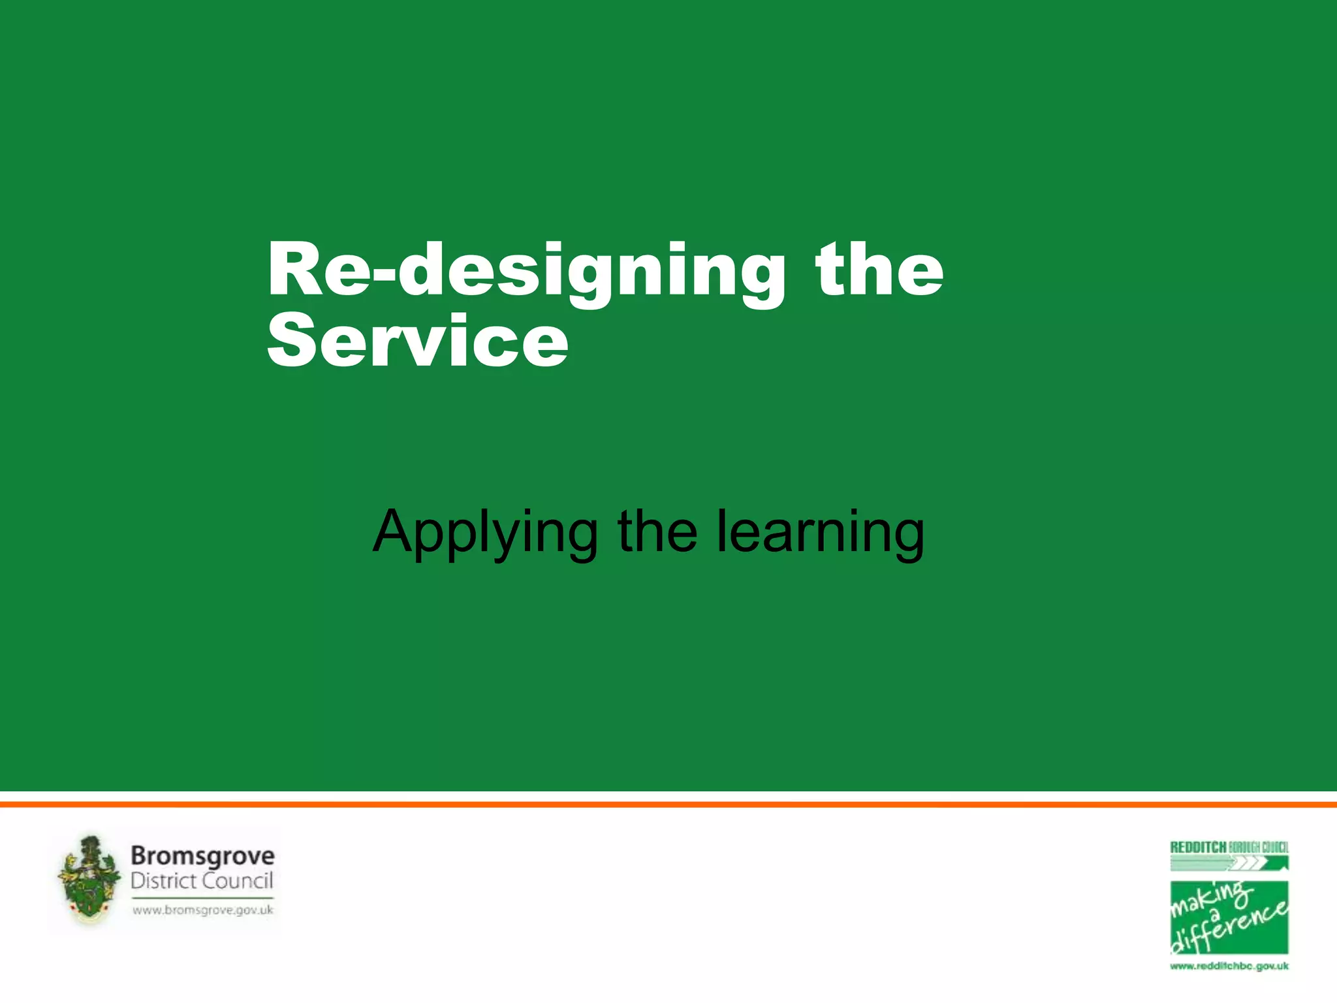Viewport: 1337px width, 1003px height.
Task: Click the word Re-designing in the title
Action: point(526,271)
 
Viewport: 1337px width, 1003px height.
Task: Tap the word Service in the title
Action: point(418,341)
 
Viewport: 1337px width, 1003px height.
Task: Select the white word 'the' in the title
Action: point(879,269)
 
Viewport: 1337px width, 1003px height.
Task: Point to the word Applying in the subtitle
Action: point(484,533)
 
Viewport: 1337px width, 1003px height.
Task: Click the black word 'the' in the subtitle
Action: point(657,532)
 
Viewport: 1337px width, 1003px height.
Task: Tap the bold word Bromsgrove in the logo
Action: point(202,856)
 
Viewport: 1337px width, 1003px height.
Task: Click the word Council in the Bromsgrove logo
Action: point(238,881)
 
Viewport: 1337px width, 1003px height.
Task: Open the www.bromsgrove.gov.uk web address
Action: point(202,910)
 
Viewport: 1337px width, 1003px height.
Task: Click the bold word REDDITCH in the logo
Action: point(1198,848)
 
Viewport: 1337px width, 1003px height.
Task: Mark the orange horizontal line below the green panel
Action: point(668,804)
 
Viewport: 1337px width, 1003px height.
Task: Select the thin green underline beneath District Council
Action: point(202,898)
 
